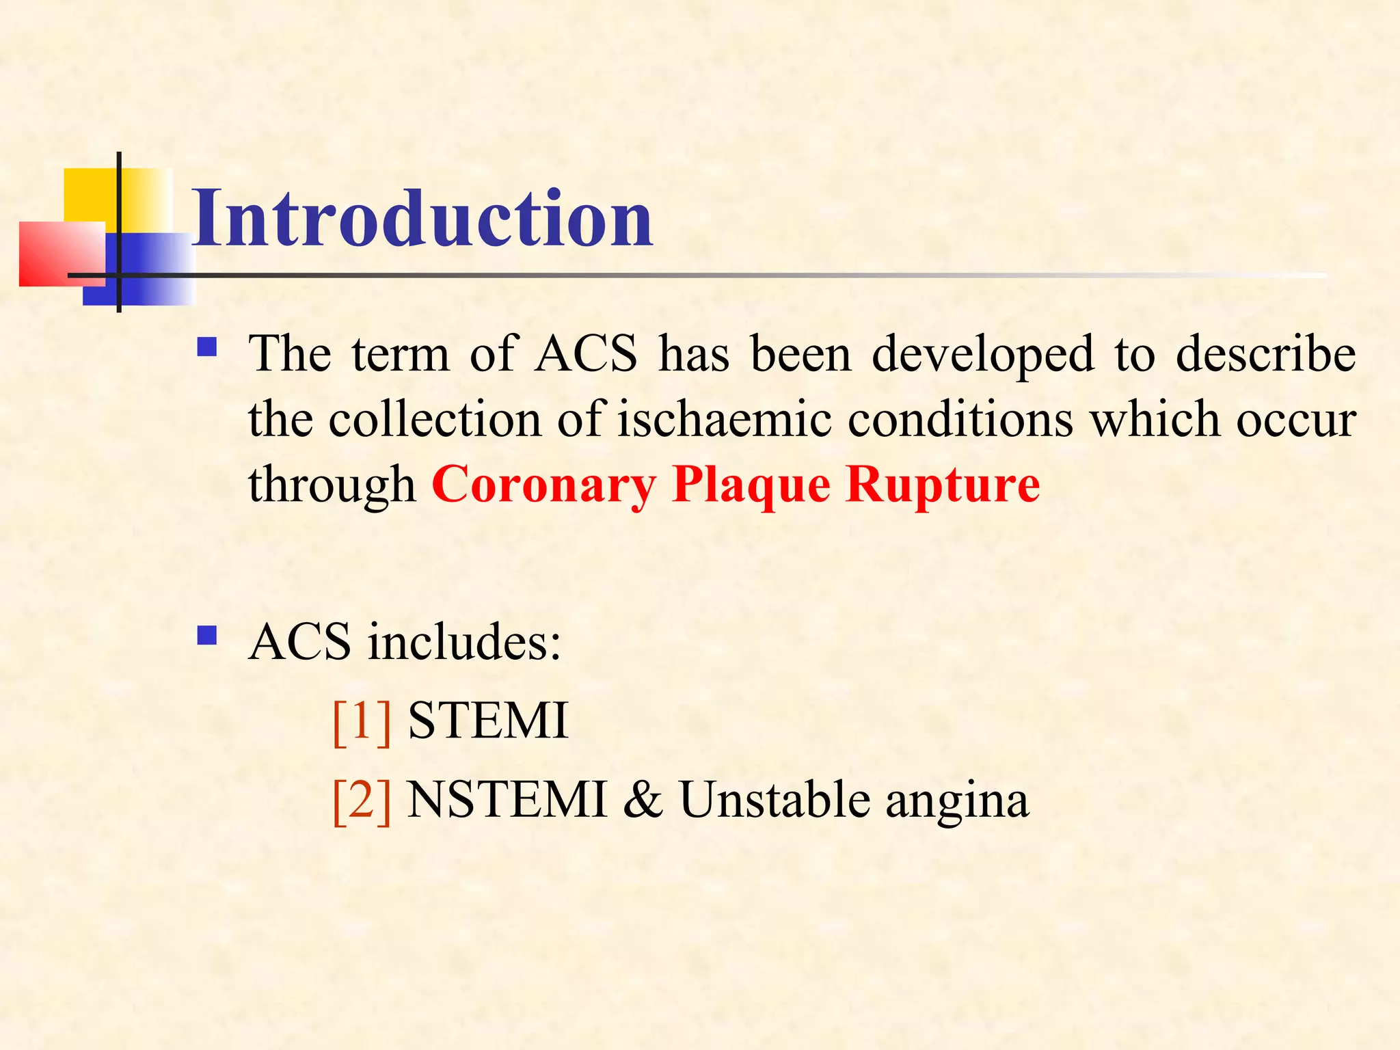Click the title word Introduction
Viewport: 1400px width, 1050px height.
pyautogui.click(x=422, y=219)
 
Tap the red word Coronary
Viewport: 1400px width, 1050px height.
pyautogui.click(x=543, y=485)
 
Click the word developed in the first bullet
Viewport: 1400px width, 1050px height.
pyautogui.click(x=983, y=355)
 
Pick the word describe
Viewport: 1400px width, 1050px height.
pyautogui.click(x=1265, y=354)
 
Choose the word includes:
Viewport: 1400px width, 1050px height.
pyautogui.click(x=464, y=643)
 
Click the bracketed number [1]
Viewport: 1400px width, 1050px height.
pyautogui.click(x=362, y=721)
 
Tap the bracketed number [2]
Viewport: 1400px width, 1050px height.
pyautogui.click(x=362, y=800)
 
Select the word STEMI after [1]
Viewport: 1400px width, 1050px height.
pyautogui.click(x=488, y=721)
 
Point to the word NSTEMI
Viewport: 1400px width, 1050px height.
pyautogui.click(x=507, y=800)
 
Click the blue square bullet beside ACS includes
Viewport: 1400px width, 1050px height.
pyautogui.click(x=206, y=636)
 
